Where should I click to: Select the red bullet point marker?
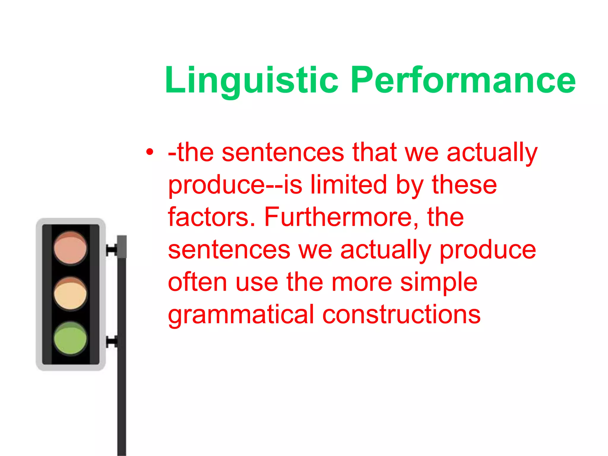(150, 152)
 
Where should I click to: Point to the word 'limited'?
(349, 185)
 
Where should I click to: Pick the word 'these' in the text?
(464, 185)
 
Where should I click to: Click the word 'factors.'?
(212, 217)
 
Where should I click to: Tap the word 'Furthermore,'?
(341, 217)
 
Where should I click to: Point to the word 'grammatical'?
(241, 315)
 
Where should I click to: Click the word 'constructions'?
(401, 314)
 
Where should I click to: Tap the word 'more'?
(362, 282)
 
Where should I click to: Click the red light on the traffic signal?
(70, 248)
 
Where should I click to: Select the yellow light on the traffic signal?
(70, 294)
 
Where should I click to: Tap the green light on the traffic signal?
(70, 338)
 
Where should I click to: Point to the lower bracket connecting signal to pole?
(112, 342)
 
